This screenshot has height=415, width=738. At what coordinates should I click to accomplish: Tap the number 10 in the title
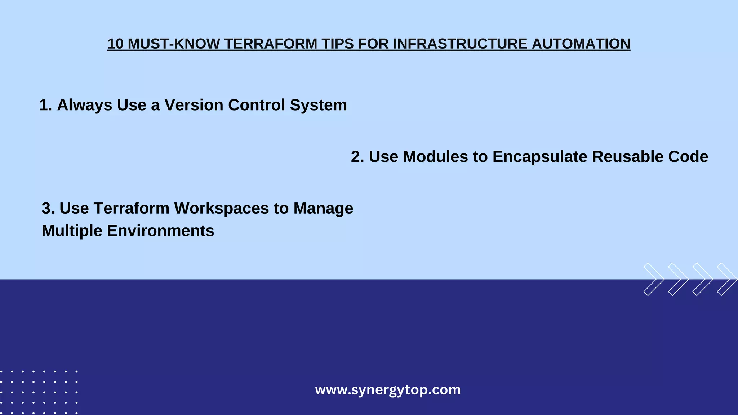point(115,44)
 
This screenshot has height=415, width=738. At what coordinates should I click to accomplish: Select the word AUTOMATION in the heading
point(581,44)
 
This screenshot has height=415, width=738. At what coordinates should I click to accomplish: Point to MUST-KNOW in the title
point(174,44)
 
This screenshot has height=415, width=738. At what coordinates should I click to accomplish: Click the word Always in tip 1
point(84,105)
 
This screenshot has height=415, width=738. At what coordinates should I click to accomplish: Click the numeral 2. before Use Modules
point(357,157)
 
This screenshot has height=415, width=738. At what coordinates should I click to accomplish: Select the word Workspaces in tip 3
point(222,208)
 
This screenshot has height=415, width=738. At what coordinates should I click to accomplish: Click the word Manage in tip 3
point(323,208)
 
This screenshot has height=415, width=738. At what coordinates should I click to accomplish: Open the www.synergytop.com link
point(388,390)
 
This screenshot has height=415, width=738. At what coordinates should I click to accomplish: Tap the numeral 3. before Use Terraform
point(48,208)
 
